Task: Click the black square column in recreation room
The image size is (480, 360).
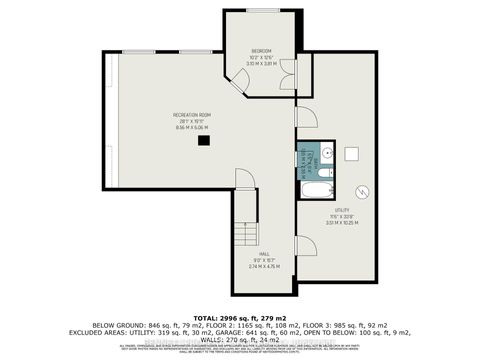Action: pyautogui.click(x=204, y=141)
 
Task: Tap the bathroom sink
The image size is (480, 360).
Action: pyautogui.click(x=326, y=155)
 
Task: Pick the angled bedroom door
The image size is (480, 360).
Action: pyautogui.click(x=241, y=81)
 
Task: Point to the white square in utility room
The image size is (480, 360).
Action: pyautogui.click(x=351, y=153)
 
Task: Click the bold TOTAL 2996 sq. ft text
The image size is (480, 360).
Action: pyautogui.click(x=239, y=314)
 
